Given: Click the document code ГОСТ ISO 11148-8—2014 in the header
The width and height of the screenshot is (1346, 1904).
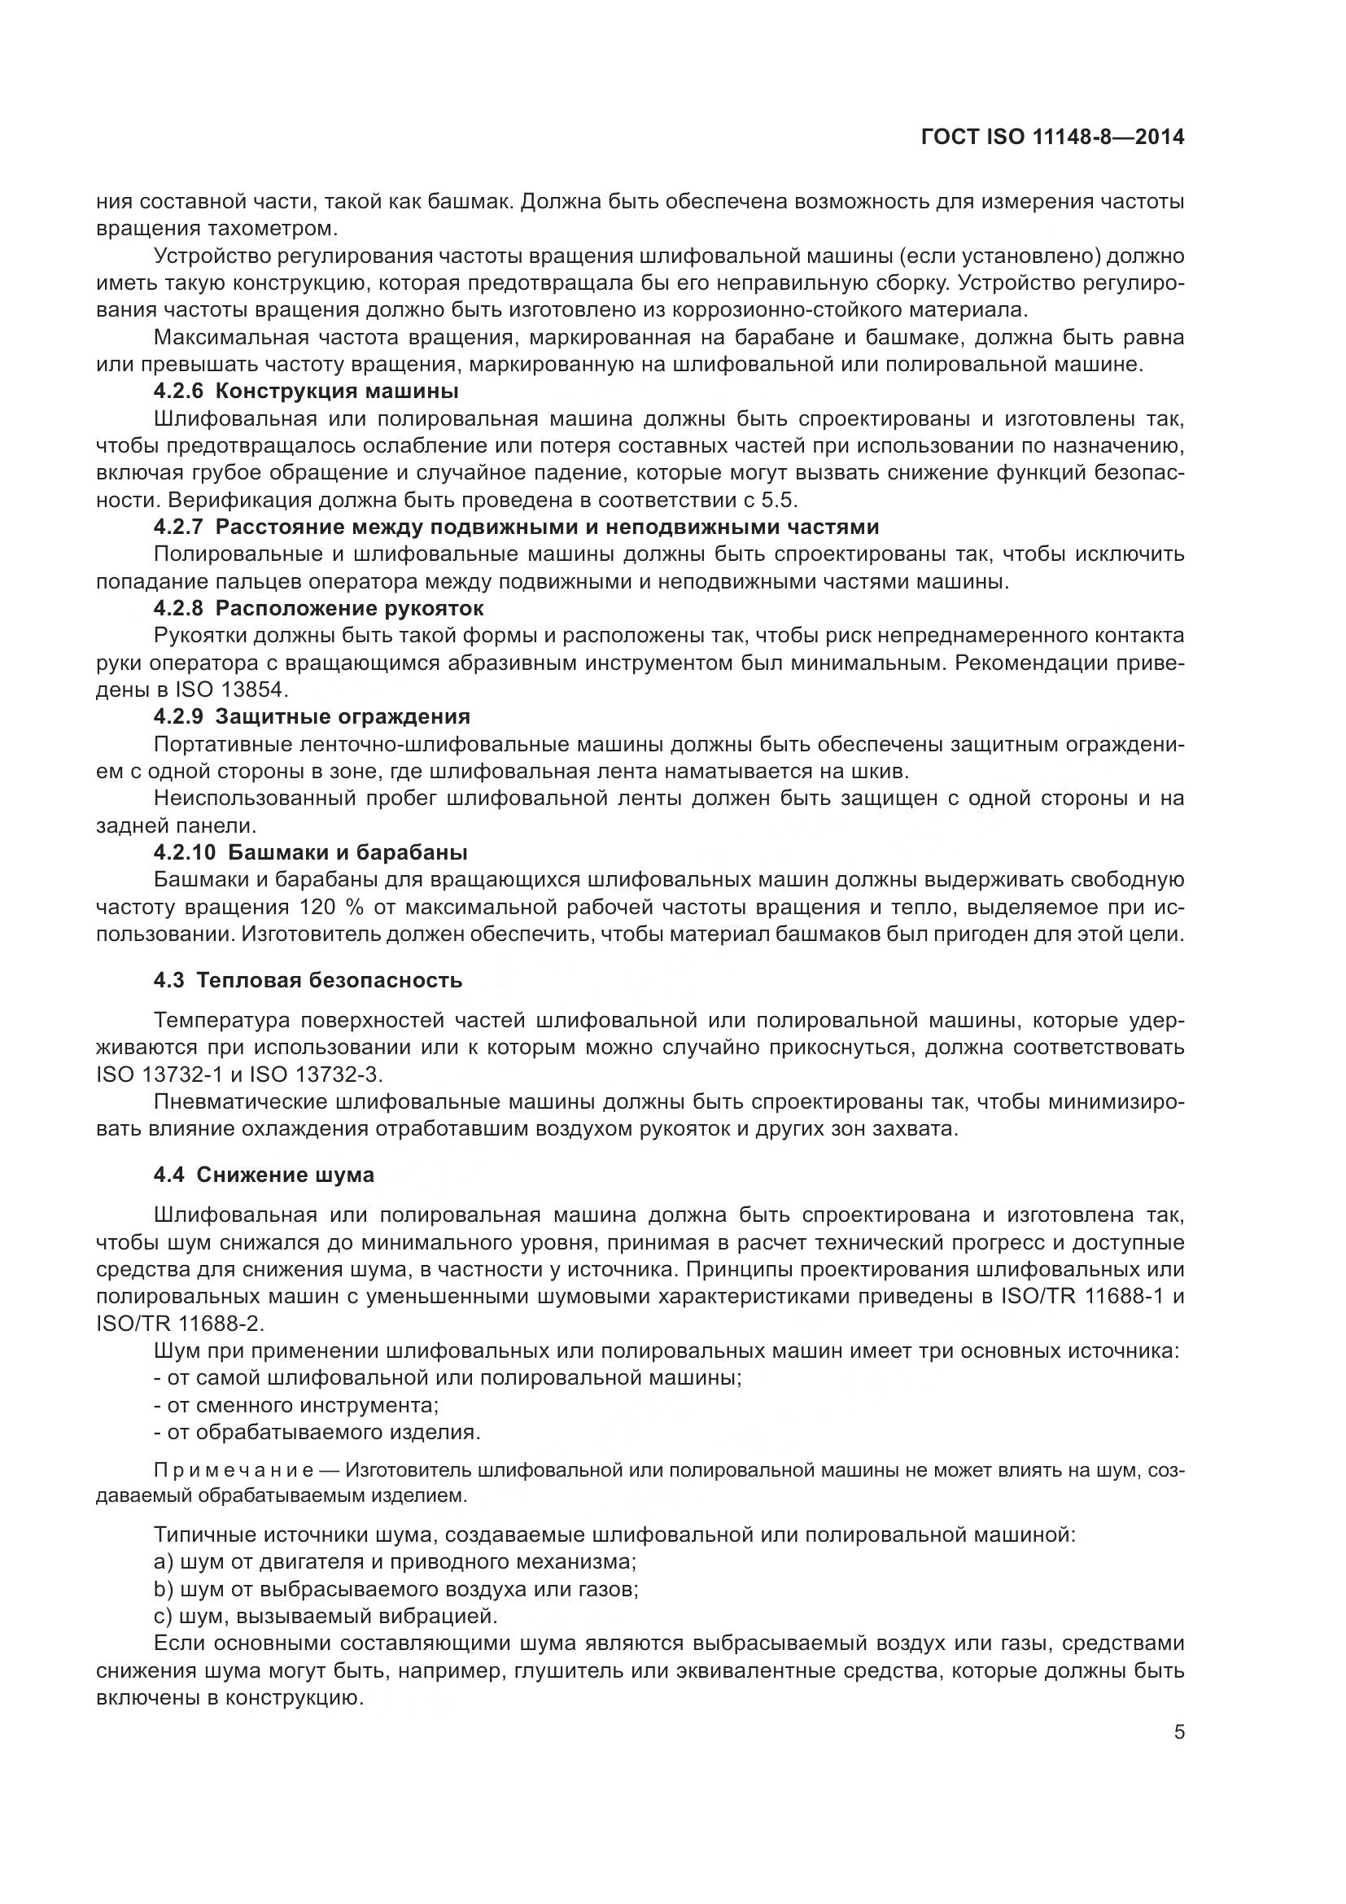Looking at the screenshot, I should [1051, 137].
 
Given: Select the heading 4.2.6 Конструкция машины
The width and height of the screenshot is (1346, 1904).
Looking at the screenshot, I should [306, 391].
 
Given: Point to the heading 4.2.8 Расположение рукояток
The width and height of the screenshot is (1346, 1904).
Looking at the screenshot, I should [318, 608].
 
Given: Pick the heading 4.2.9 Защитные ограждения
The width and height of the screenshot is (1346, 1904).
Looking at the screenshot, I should [312, 716].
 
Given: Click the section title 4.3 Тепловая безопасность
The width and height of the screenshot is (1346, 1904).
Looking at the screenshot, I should [308, 980].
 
